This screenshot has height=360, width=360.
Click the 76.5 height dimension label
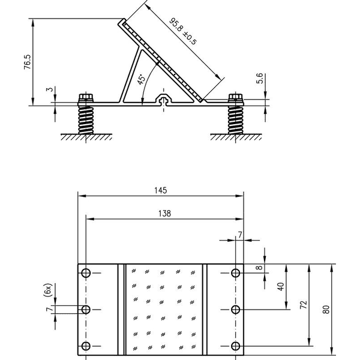(x=27, y=62)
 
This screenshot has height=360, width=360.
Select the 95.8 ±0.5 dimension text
(x=183, y=31)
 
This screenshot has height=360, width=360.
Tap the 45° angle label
(x=141, y=79)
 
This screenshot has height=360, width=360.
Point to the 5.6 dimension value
(x=259, y=78)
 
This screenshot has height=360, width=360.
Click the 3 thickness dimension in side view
(x=50, y=89)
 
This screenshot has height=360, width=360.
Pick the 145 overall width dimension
(x=160, y=190)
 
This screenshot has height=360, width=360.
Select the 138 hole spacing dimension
(x=164, y=214)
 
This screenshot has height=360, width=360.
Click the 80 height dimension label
(x=326, y=309)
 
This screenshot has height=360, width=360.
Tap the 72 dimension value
(x=304, y=304)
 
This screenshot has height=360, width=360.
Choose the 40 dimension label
(x=281, y=287)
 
